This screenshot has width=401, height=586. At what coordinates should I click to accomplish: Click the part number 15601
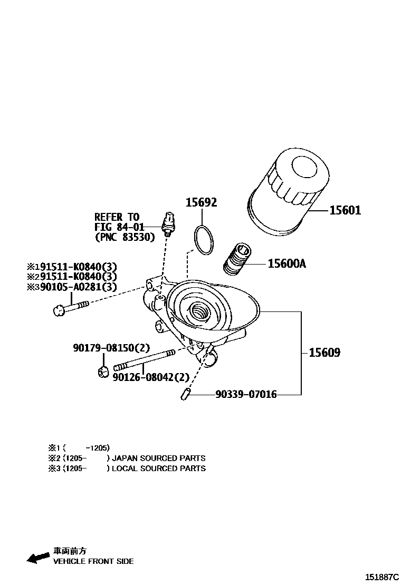click(345, 211)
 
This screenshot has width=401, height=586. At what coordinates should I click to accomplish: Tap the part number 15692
click(201, 203)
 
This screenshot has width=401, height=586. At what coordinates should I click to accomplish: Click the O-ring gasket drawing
click(204, 239)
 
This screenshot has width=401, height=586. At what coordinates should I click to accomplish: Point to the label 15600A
click(287, 263)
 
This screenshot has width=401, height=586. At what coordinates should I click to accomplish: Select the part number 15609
click(324, 353)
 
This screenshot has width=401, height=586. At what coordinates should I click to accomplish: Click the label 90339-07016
click(246, 394)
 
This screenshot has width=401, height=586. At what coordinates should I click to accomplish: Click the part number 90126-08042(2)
click(151, 377)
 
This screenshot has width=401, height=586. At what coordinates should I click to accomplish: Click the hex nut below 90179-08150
click(103, 372)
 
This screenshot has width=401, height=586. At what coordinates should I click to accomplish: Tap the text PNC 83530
click(125, 238)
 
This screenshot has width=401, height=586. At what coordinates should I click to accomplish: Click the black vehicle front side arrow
click(38, 557)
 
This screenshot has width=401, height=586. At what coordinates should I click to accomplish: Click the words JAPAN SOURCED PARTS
click(159, 458)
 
